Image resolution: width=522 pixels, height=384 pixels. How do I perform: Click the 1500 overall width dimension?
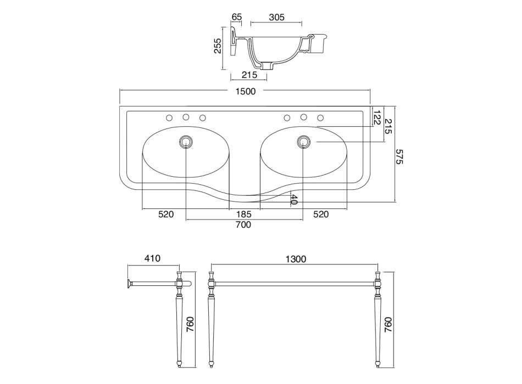pyautogui.click(x=245, y=92)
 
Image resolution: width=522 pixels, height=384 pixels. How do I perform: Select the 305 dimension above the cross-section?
pyautogui.click(x=276, y=17)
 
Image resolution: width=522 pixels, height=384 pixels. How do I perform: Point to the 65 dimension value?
pyautogui.click(x=237, y=17)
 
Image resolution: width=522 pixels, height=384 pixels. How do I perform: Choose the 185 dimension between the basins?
pyautogui.click(x=245, y=214)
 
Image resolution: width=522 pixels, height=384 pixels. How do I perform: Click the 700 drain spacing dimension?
pyautogui.click(x=243, y=225)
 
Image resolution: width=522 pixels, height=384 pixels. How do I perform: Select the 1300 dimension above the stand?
pyautogui.click(x=295, y=259)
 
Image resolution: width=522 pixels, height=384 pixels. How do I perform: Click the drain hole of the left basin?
pyautogui.click(x=186, y=142)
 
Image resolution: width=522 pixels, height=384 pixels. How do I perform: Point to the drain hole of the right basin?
pyautogui.click(x=303, y=142)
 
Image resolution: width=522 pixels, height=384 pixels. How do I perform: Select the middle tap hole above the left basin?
pyautogui.click(x=186, y=117)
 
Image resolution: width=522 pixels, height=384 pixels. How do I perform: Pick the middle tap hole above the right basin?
pyautogui.click(x=303, y=117)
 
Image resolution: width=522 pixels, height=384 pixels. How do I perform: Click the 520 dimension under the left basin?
pyautogui.click(x=166, y=214)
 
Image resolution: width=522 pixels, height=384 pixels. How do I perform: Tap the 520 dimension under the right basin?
pyautogui.click(x=321, y=214)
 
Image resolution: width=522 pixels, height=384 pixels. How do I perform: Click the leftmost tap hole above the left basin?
pyautogui.click(x=169, y=117)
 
